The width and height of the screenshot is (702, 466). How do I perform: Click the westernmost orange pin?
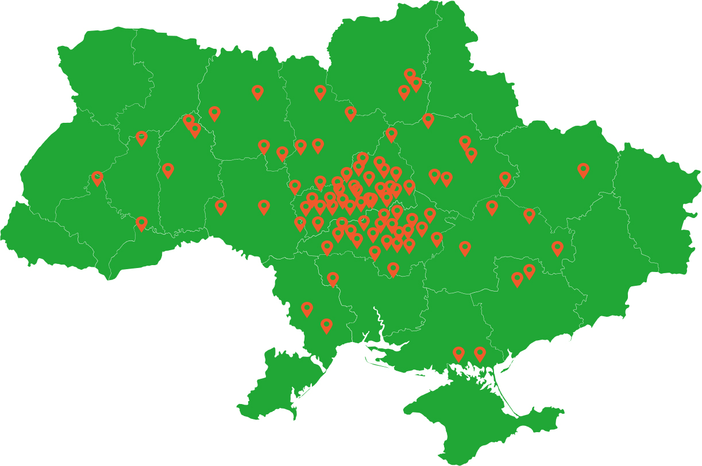click(97, 178)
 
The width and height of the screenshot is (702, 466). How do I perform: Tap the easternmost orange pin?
click(583, 169)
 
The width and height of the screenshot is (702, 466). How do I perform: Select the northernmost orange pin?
click(410, 75)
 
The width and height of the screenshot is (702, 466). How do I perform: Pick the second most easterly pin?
click(557, 248)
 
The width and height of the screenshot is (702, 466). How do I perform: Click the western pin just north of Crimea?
click(458, 354)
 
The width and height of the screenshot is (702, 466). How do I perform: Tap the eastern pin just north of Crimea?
click(480, 354)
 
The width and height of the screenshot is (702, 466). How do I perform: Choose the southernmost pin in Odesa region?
click(326, 325)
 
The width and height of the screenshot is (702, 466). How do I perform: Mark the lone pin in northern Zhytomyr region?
click(257, 92)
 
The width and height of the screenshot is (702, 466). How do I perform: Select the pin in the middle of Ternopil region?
click(168, 170)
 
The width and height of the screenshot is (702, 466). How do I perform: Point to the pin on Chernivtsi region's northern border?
click(141, 223)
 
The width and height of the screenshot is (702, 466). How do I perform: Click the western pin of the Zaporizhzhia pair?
click(517, 279)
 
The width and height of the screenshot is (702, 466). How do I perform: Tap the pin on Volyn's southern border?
click(141, 138)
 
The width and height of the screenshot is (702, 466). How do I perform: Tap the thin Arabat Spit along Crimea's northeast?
click(506, 390)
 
